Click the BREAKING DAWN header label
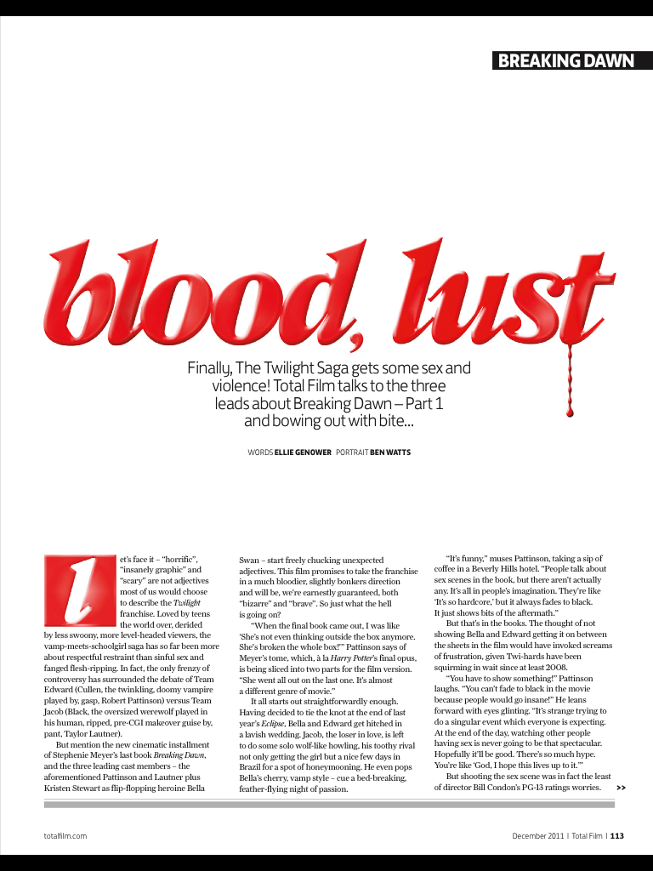click(565, 60)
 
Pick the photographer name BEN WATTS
click(390, 453)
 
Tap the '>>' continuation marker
click(622, 788)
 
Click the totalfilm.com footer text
click(65, 836)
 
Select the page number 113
click(617, 836)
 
